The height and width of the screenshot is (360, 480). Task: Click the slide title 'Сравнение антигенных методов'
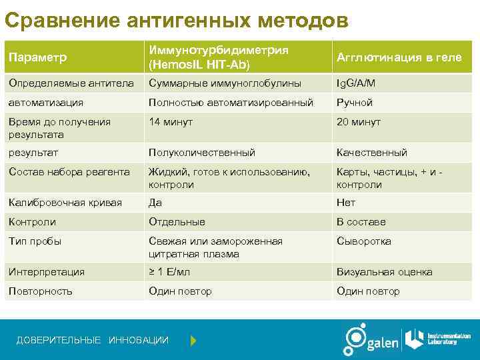click(x=176, y=21)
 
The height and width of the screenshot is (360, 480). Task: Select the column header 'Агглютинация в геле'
click(x=399, y=57)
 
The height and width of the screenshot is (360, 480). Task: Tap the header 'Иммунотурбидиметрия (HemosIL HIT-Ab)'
click(x=219, y=57)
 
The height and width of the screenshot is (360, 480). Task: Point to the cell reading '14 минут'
click(x=171, y=122)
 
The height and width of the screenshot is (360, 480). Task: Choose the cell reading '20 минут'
click(x=359, y=122)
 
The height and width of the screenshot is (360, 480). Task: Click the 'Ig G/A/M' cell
click(x=356, y=83)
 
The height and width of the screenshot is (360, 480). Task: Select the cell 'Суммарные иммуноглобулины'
click(x=225, y=83)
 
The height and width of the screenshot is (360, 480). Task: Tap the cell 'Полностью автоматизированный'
click(x=231, y=103)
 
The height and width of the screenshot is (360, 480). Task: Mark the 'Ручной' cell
click(x=355, y=103)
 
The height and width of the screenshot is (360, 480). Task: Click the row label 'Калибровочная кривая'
click(x=65, y=203)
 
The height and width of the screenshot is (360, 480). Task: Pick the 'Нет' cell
click(x=346, y=203)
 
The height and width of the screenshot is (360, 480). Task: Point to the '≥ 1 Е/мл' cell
click(x=170, y=272)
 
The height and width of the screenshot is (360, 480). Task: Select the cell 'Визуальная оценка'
click(x=385, y=272)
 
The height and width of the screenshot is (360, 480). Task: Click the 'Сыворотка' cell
click(x=364, y=241)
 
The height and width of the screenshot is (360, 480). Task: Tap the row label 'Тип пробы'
click(x=35, y=241)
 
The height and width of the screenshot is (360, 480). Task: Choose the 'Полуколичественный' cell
click(x=201, y=153)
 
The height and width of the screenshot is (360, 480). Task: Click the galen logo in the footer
click(x=371, y=340)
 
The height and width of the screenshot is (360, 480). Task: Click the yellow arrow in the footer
click(x=193, y=341)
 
